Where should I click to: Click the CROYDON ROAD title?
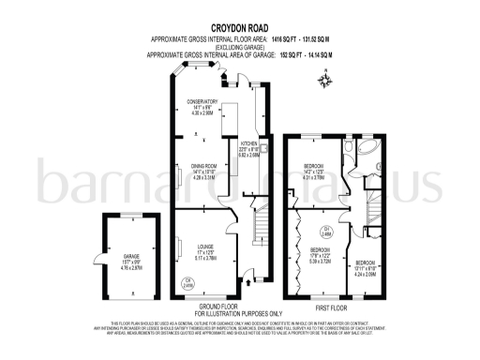pyautogui.click(x=240, y=27)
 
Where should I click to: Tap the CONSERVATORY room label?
pyautogui.click(x=202, y=106)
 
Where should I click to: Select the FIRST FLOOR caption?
pyautogui.click(x=330, y=307)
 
